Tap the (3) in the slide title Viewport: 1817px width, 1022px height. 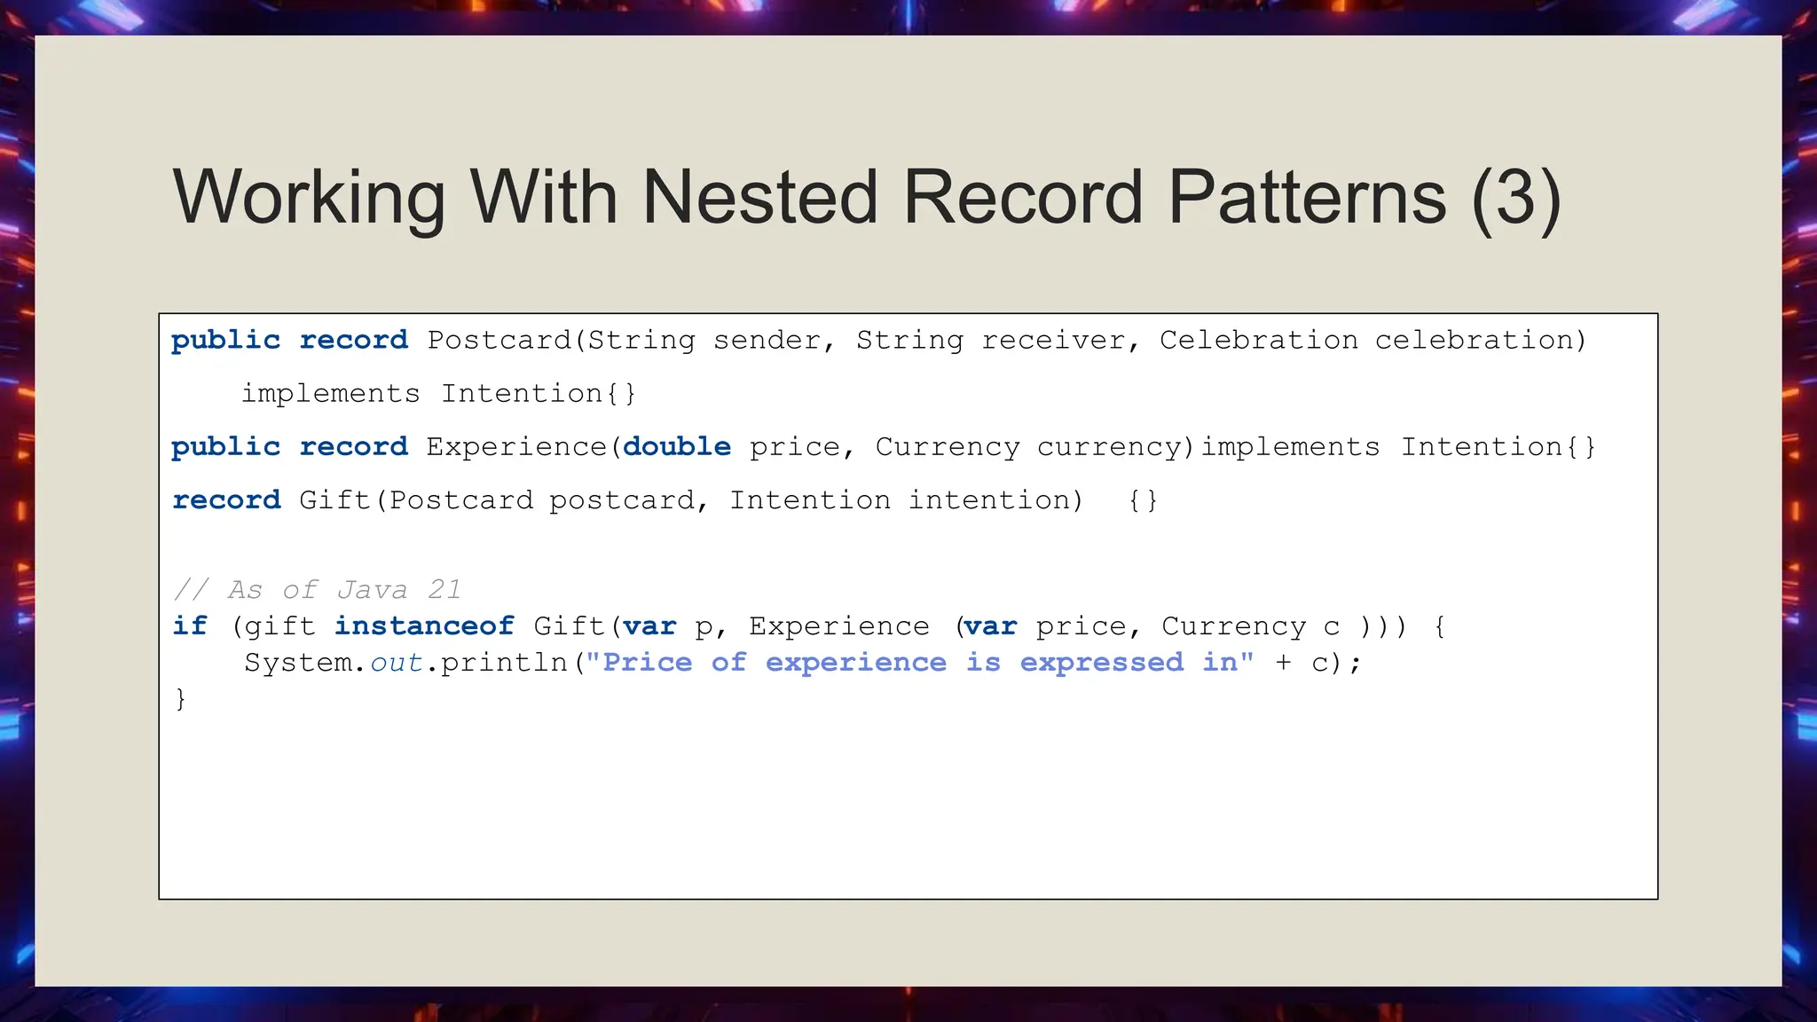[x=1515, y=197]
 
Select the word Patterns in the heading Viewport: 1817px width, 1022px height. [x=1307, y=197]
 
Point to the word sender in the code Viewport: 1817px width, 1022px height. [x=767, y=341]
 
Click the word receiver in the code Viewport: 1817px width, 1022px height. [x=1053, y=341]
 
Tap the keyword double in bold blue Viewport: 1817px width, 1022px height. [x=677, y=447]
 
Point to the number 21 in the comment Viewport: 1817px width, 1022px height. [x=444, y=590]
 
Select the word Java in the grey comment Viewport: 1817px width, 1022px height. [x=372, y=590]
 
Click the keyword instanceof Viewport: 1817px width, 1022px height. [x=424, y=626]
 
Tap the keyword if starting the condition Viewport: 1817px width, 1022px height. [x=190, y=626]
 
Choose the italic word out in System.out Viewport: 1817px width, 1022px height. [x=396, y=663]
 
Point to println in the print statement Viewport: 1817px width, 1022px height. [x=503, y=663]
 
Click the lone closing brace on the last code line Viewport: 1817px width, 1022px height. [x=180, y=699]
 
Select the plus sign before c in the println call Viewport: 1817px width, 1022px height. [x=1283, y=663]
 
